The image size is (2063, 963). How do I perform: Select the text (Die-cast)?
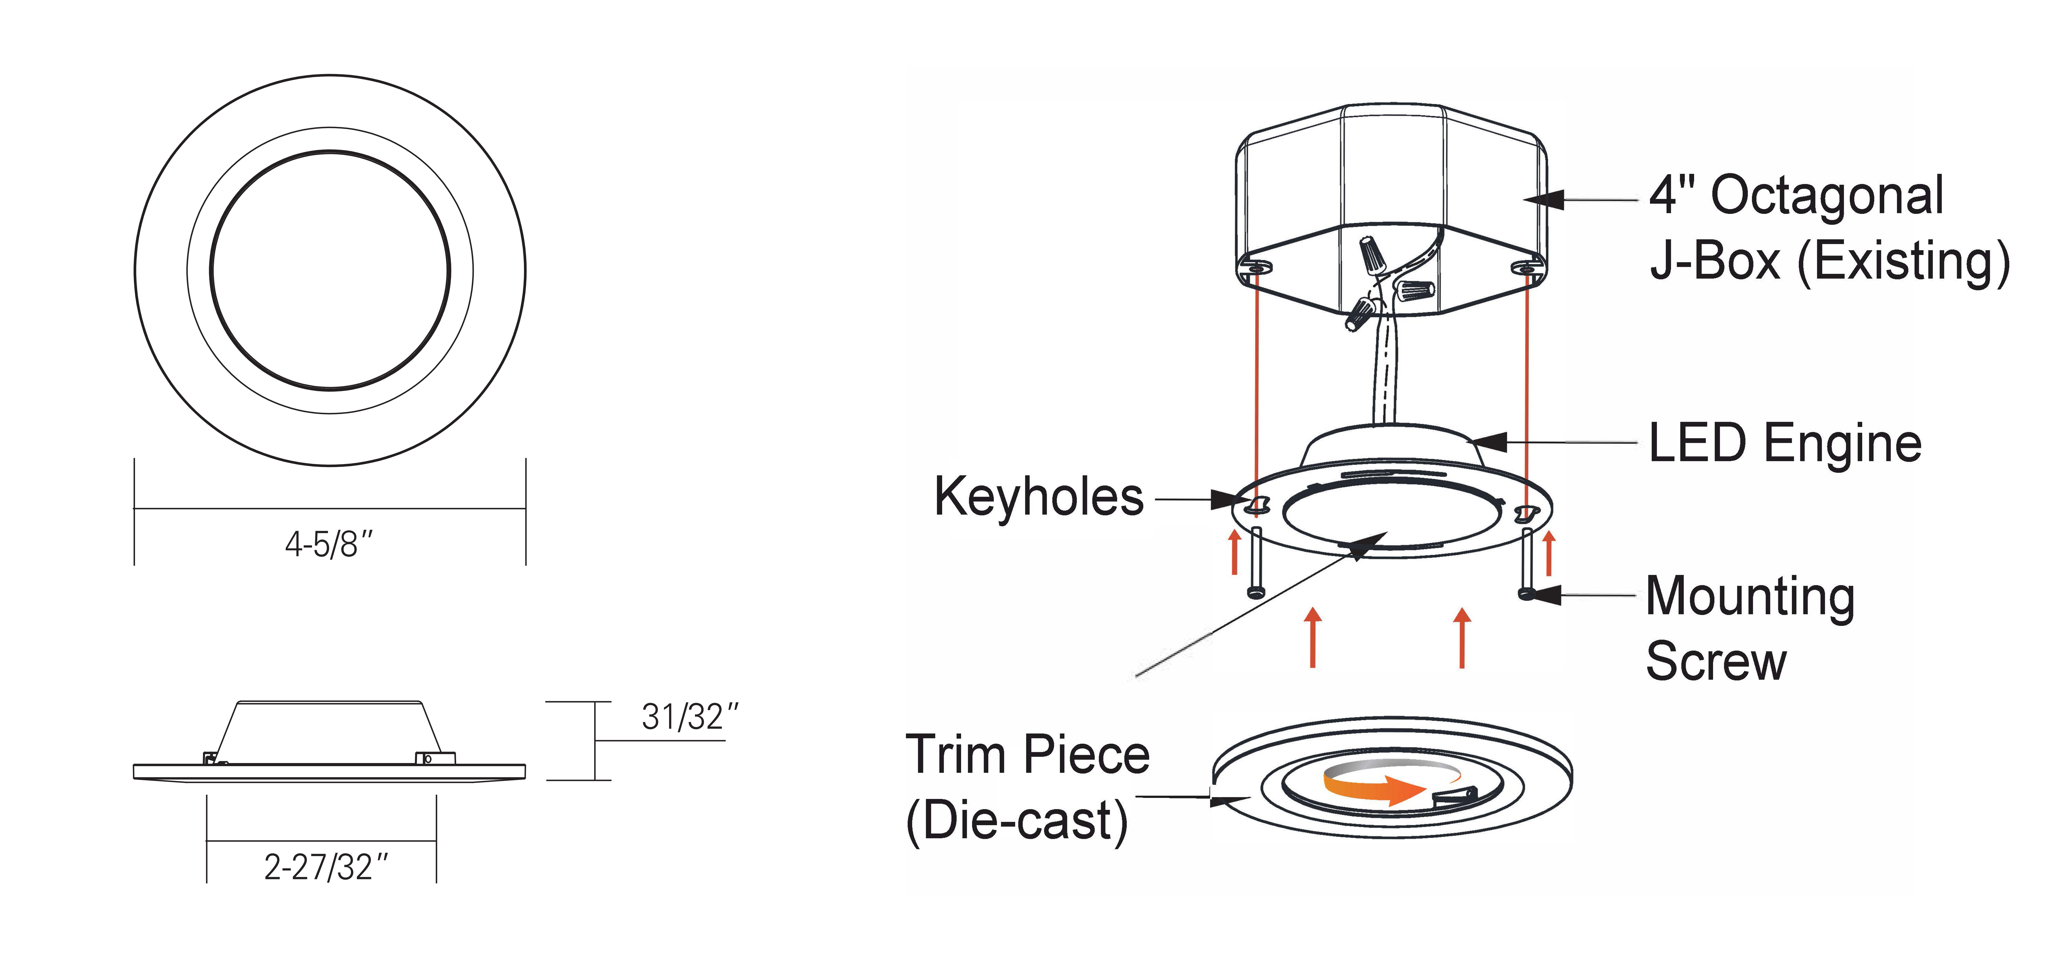[1017, 821]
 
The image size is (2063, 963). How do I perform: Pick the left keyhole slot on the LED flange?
[1258, 504]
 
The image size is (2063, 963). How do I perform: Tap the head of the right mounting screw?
[1526, 594]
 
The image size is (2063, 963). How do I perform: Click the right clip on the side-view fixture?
[435, 757]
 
